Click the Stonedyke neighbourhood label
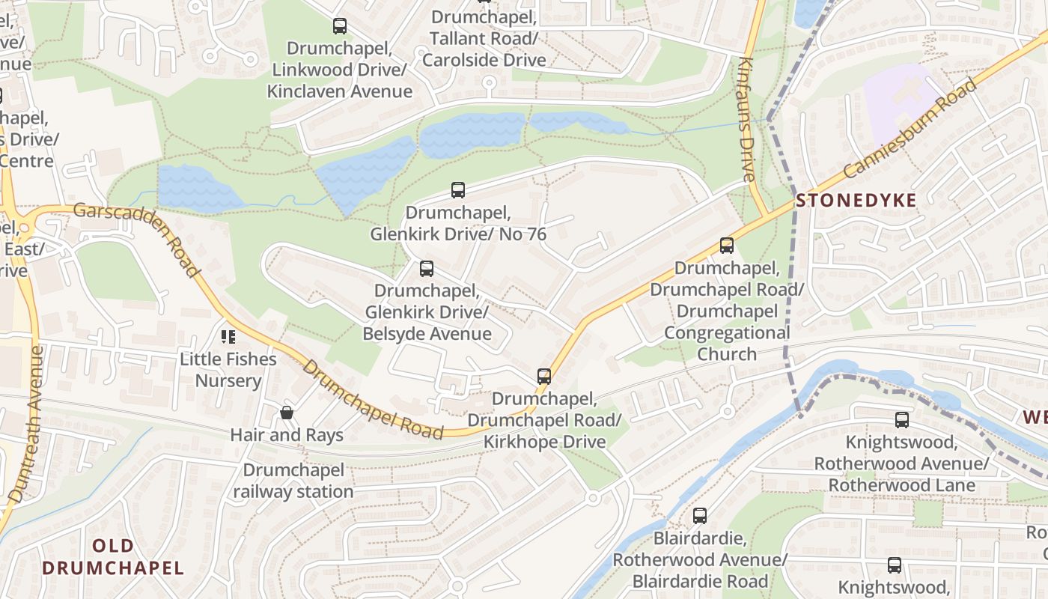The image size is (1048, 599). (x=856, y=201)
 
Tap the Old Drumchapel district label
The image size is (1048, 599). (x=113, y=556)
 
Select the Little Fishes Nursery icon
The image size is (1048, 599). (x=228, y=337)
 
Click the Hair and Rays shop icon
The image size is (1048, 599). (x=286, y=413)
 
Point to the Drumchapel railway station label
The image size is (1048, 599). (x=293, y=481)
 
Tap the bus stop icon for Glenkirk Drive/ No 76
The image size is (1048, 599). (x=457, y=190)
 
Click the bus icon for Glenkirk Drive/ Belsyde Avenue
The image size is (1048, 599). (x=426, y=268)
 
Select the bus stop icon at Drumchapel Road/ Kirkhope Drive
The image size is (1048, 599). (x=544, y=376)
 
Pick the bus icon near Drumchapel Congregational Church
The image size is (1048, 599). (x=726, y=245)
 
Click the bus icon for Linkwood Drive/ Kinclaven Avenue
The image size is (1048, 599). (x=339, y=26)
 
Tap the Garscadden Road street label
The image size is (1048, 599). (x=138, y=239)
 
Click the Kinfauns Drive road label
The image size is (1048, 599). (x=746, y=120)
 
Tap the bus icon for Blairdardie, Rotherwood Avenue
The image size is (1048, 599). (x=699, y=515)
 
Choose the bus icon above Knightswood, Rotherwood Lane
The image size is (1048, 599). (x=902, y=420)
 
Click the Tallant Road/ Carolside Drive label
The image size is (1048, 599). (x=484, y=49)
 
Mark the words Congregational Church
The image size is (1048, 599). (x=727, y=343)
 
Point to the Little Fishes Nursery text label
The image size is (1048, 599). (x=228, y=370)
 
